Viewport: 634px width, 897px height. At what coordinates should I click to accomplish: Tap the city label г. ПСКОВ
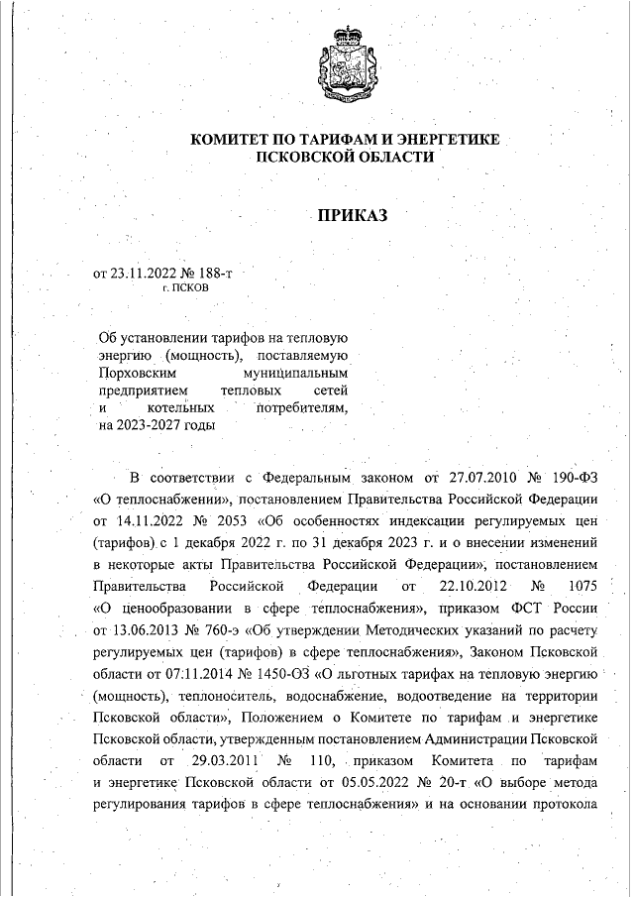click(184, 287)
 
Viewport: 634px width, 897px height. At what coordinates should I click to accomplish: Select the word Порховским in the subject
click(136, 374)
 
